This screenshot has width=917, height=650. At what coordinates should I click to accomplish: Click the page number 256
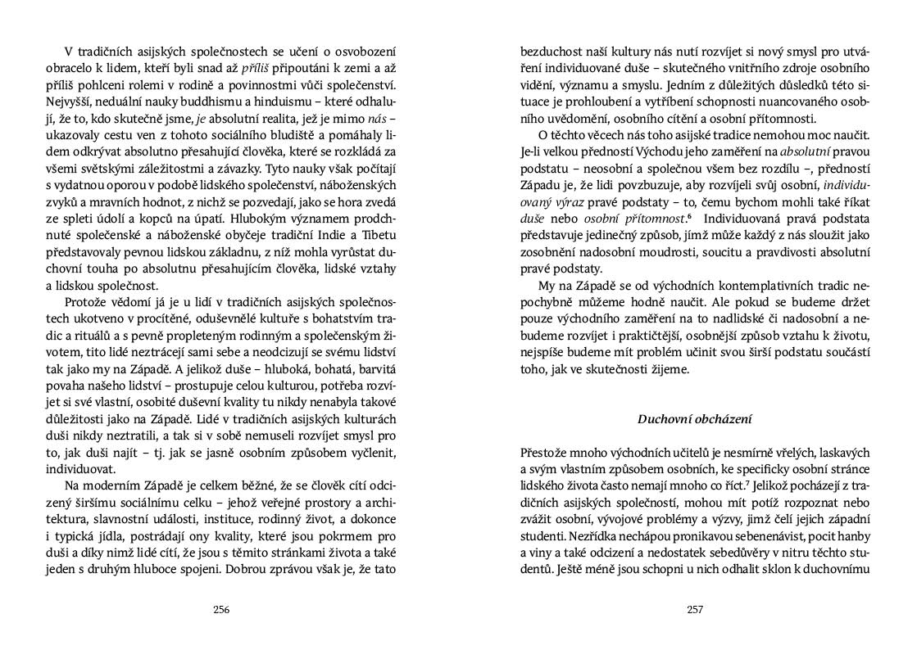click(x=220, y=609)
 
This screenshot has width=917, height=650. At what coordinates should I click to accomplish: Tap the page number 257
click(x=695, y=609)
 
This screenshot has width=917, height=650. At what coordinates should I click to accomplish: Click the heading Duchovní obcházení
click(x=695, y=419)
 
